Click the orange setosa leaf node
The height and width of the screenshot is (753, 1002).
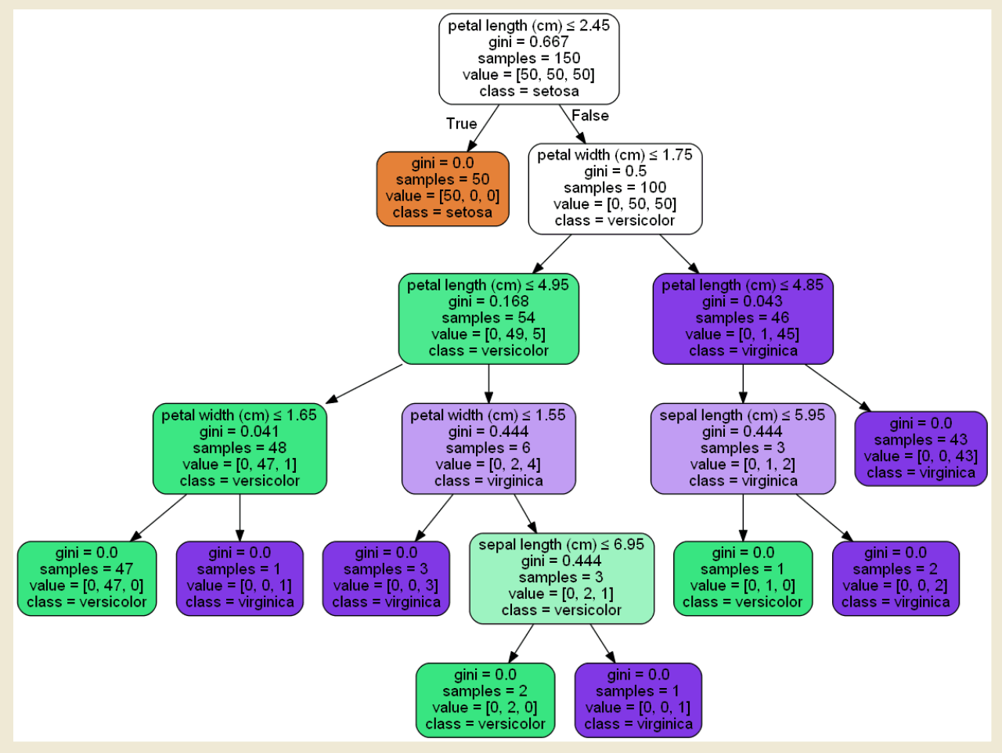442,189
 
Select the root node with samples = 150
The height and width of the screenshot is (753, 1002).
529,59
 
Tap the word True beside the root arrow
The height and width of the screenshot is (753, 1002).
461,124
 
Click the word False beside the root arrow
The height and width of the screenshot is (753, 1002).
589,116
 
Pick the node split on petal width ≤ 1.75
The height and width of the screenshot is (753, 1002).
615,189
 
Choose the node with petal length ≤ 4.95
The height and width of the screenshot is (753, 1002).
488,319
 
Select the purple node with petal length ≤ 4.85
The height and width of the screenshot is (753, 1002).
743,319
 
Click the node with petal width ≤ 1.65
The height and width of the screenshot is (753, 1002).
240,449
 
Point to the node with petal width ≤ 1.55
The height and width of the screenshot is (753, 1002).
488,449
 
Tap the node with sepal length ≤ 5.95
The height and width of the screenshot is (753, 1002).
743,449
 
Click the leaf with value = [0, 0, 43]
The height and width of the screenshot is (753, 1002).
921,449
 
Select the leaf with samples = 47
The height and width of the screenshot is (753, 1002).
87,578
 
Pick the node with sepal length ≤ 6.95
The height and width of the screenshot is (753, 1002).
561,578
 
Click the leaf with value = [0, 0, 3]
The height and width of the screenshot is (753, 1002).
386,578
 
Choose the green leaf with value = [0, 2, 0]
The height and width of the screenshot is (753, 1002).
485,700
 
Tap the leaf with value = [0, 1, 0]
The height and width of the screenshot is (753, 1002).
743,578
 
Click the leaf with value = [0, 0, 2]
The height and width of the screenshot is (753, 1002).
896,578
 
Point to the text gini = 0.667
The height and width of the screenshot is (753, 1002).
528,42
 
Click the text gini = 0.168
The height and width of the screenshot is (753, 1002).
488,301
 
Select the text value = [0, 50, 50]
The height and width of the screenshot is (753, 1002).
615,204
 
